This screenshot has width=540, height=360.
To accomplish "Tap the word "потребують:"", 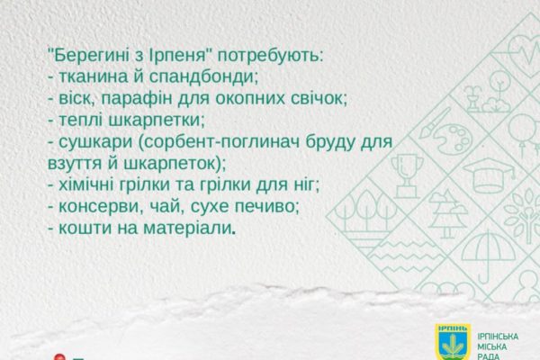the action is pyautogui.click(x=270, y=57).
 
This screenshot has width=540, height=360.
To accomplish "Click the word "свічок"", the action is pyautogui.click(x=318, y=99).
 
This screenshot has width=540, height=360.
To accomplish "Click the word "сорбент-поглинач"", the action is pyautogui.click(x=220, y=142).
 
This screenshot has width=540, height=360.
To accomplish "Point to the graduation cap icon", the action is pyautogui.click(x=489, y=175).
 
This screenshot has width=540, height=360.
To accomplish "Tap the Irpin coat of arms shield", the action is pyautogui.click(x=453, y=342).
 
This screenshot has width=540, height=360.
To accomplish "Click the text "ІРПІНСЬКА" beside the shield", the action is pyautogui.click(x=498, y=337).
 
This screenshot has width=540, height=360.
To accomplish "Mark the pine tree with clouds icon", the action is pyautogui.click(x=447, y=213).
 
